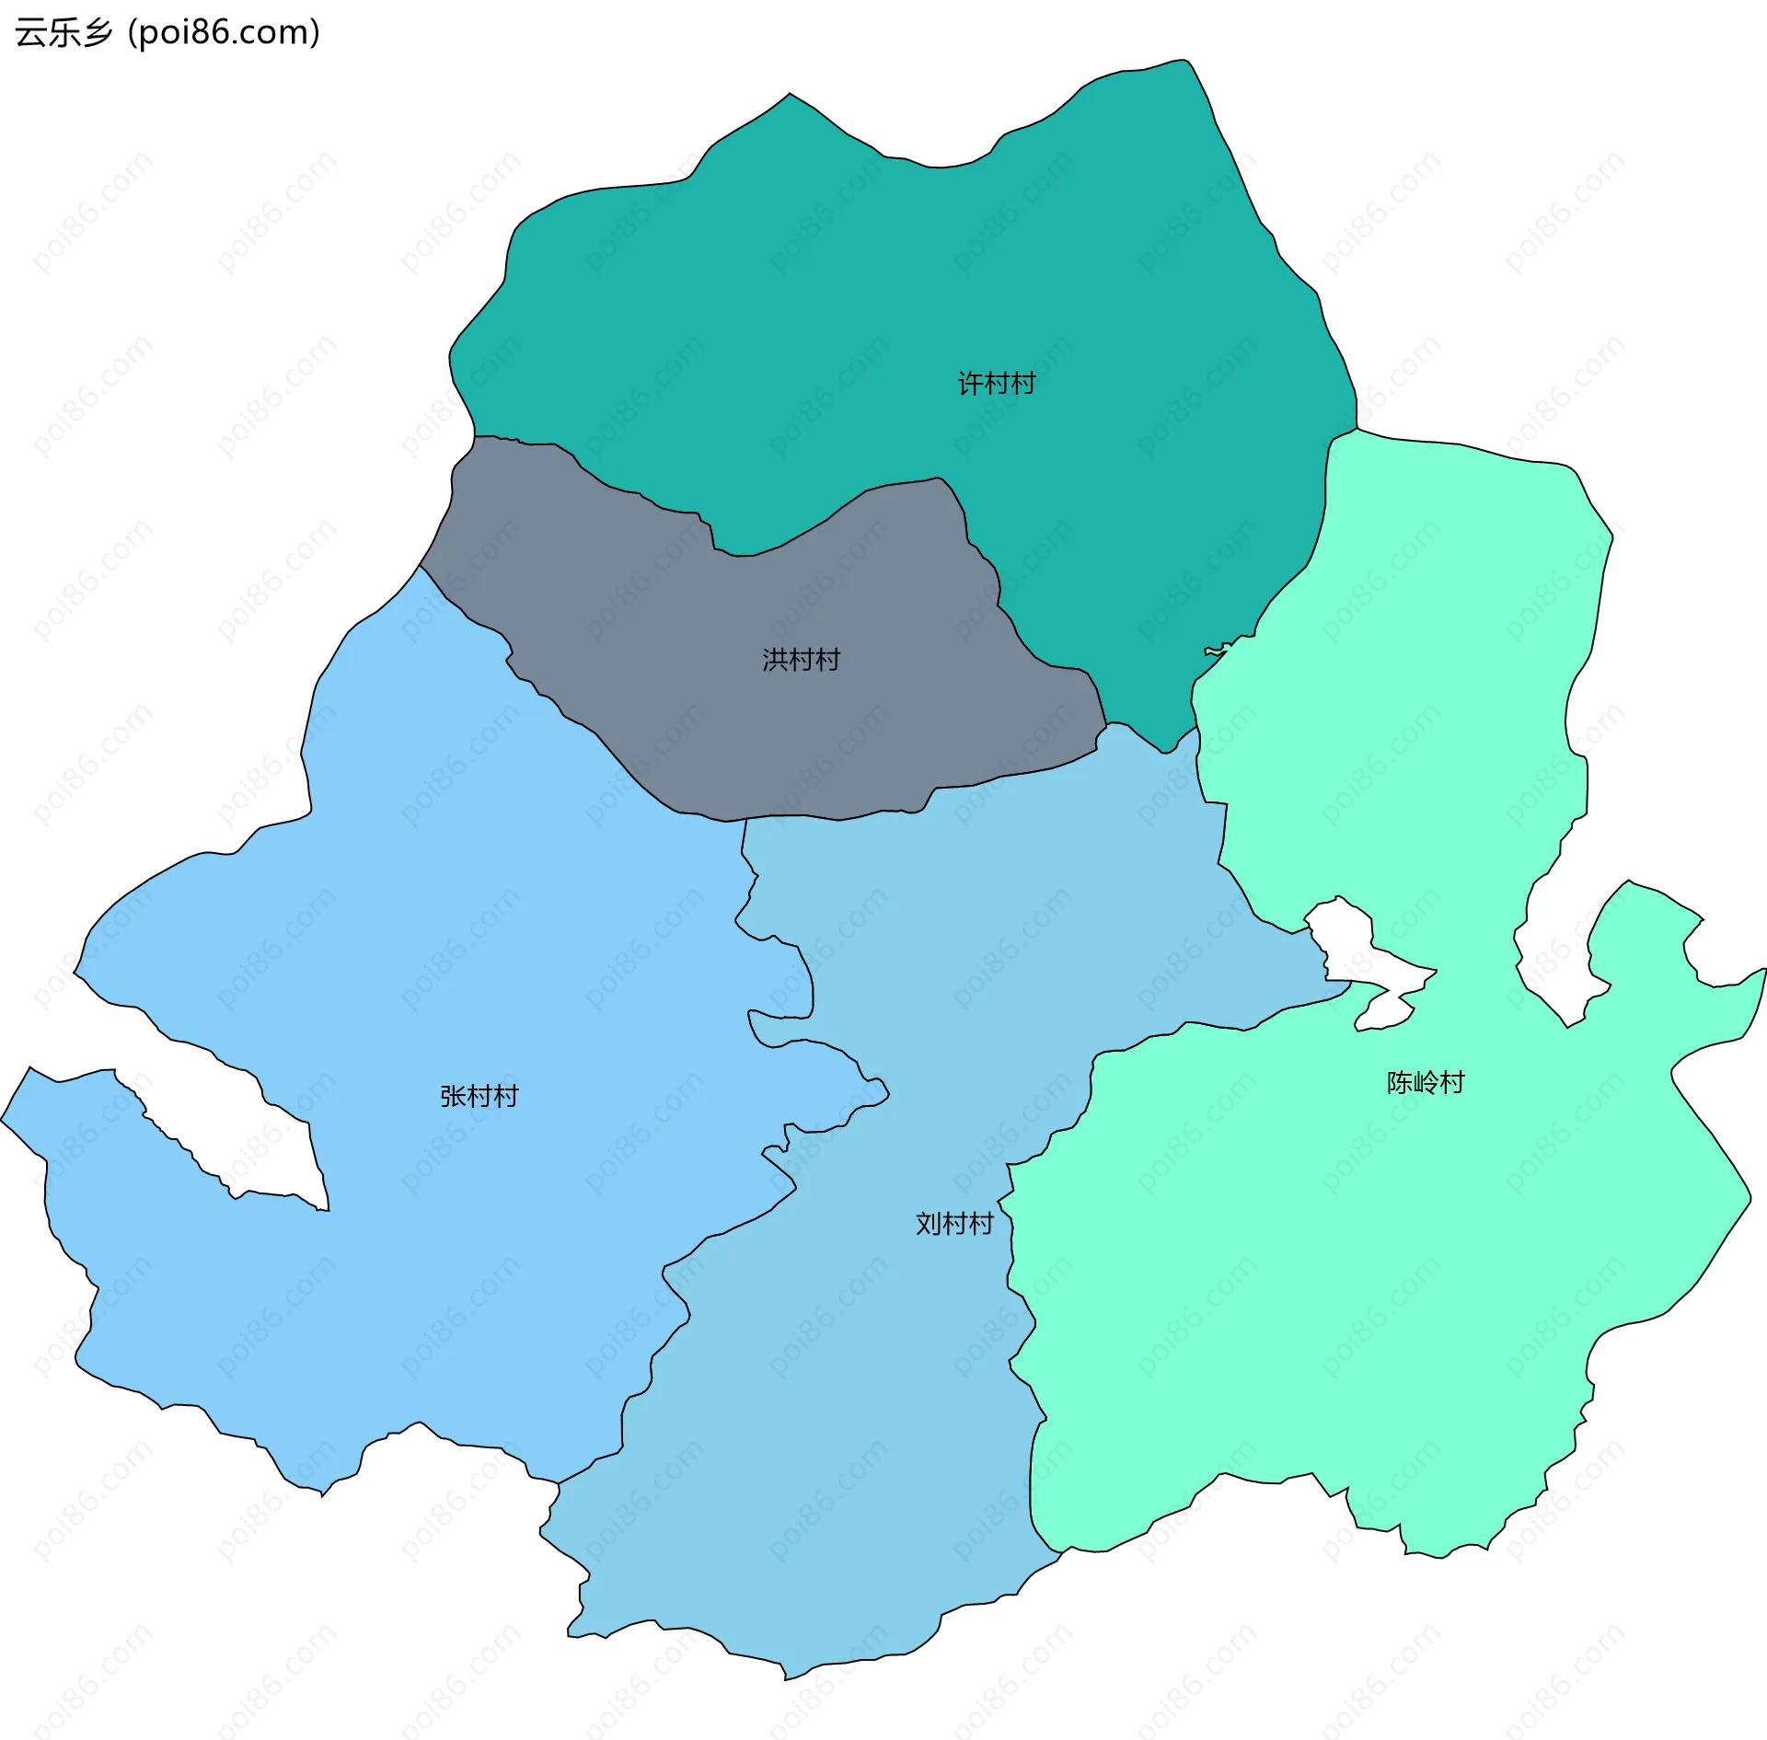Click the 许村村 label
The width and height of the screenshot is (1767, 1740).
[x=997, y=383]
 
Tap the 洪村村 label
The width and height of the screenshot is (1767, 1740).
[x=801, y=660]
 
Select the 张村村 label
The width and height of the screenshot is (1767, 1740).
[x=479, y=1096]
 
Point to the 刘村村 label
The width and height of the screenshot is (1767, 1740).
[x=954, y=1224]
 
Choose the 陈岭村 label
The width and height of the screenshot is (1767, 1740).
[x=1426, y=1082]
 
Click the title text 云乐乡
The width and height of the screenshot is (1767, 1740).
[x=64, y=33]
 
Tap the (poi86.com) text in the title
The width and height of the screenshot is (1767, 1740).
[x=224, y=33]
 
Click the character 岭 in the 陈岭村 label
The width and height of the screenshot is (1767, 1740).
[x=1426, y=1082]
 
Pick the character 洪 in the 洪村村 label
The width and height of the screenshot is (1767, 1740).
[x=775, y=660]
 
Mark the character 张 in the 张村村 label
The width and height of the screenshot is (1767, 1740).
[x=453, y=1096]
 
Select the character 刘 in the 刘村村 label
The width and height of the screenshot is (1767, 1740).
[x=929, y=1224]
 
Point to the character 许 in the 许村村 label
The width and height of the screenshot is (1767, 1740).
[x=971, y=383]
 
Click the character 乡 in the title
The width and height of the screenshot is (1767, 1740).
[x=96, y=33]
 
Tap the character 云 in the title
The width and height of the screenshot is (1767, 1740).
[x=30, y=33]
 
